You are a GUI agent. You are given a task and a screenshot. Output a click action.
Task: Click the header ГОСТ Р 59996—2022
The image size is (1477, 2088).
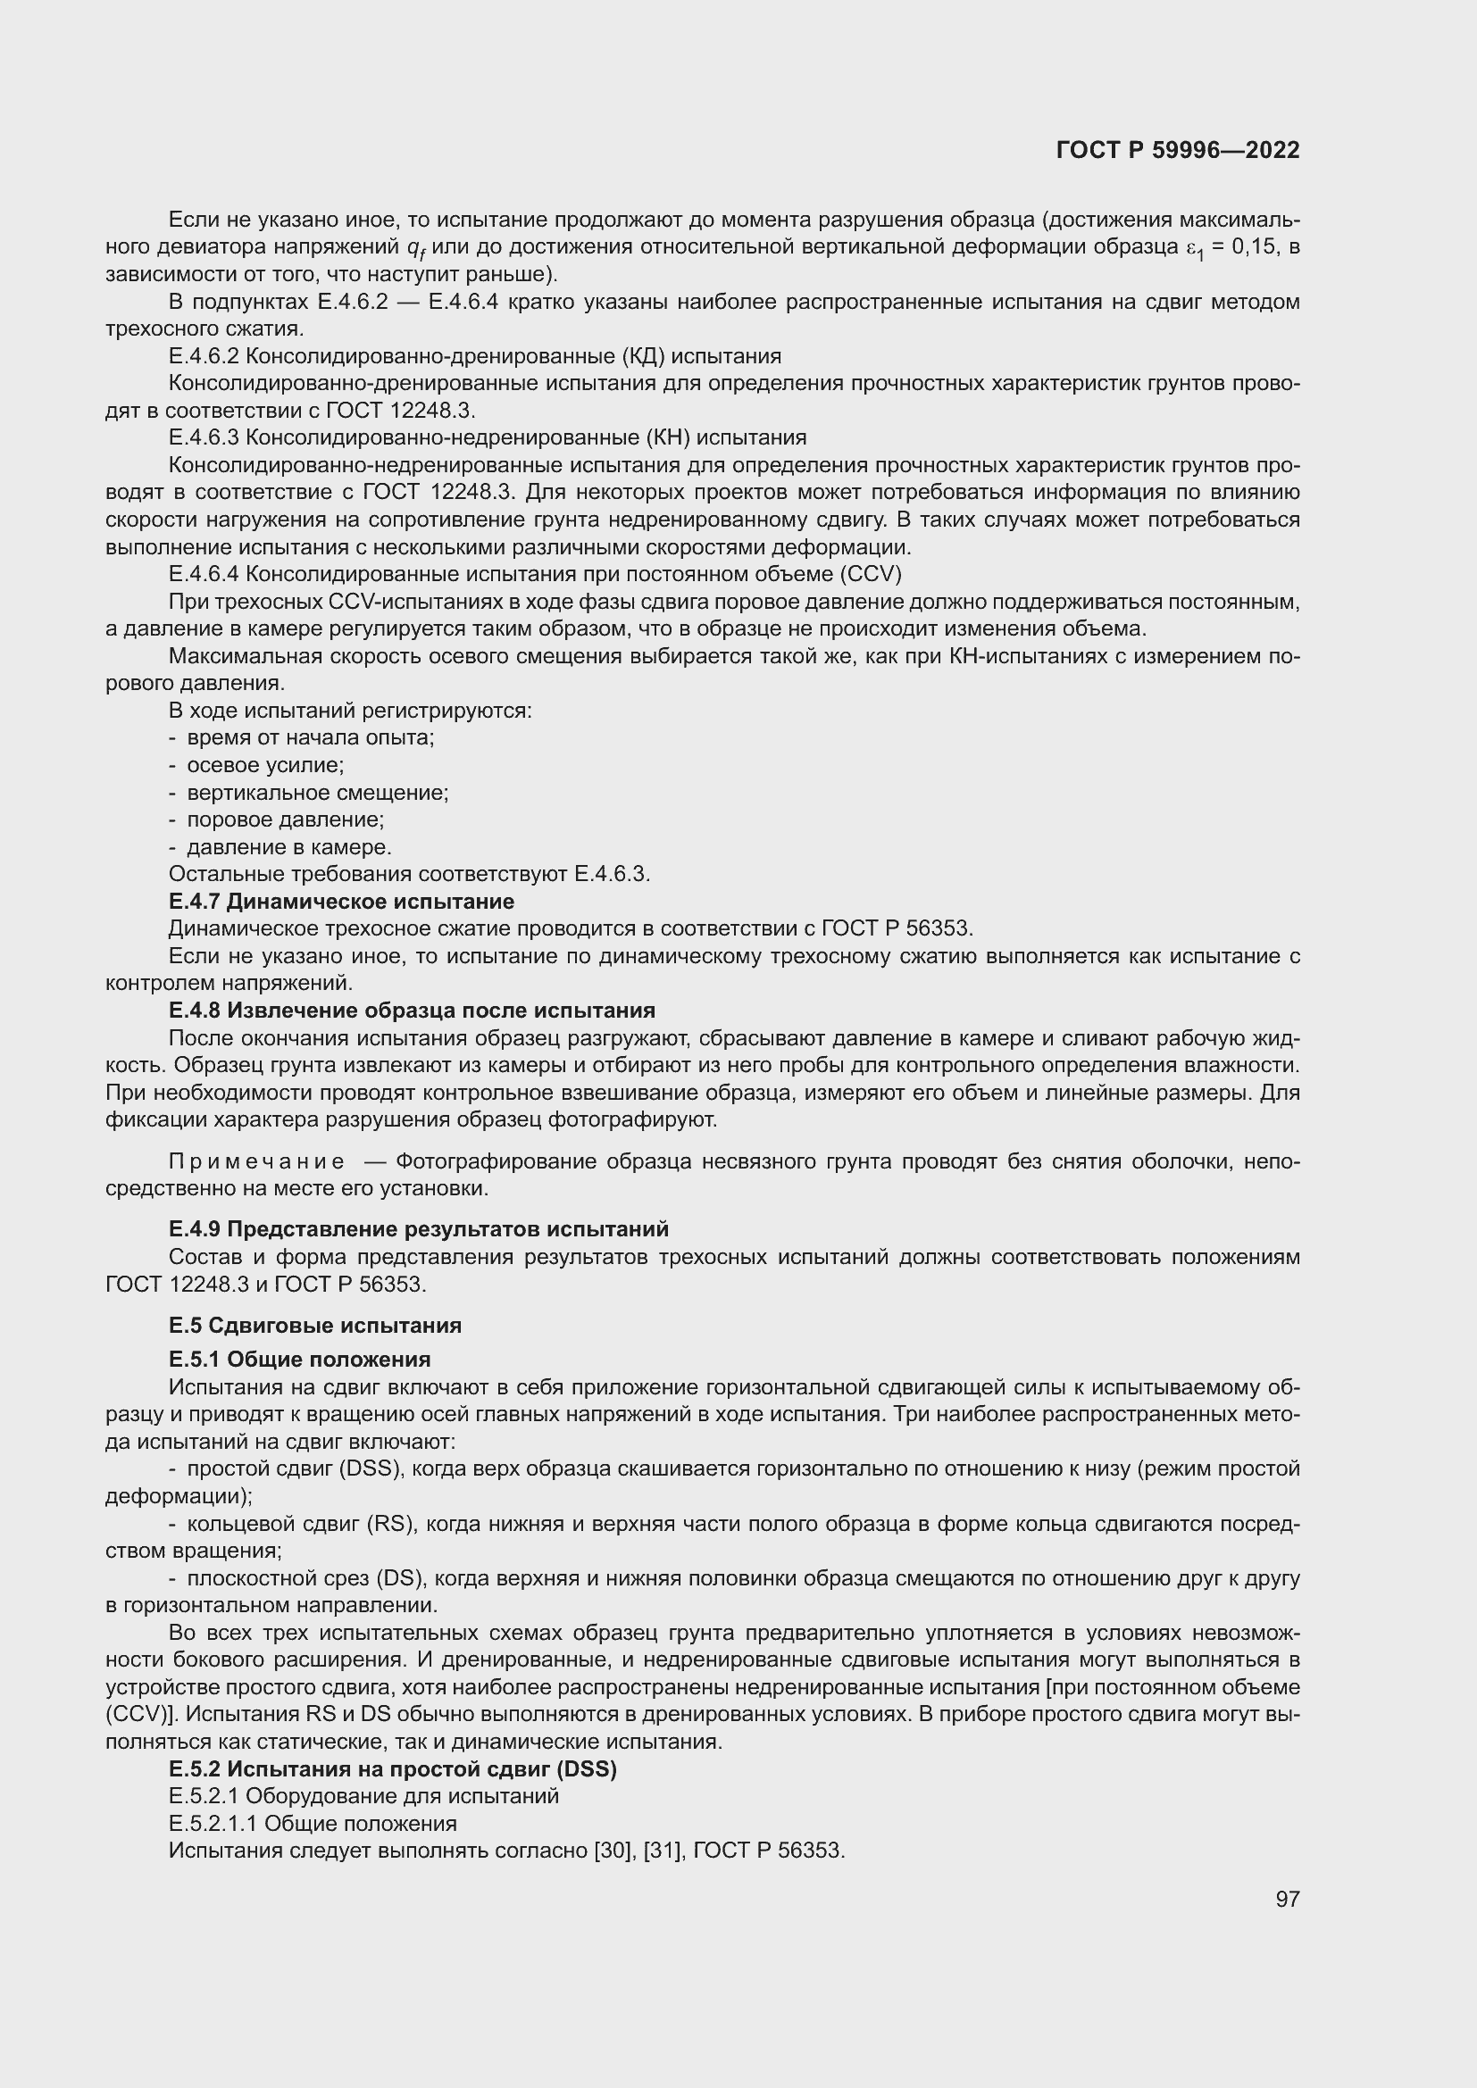pyautogui.click(x=1178, y=150)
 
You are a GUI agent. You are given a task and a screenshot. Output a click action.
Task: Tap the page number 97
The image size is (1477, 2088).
pyautogui.click(x=1287, y=1899)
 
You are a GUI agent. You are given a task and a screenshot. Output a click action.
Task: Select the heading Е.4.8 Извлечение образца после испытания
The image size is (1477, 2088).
pyautogui.click(x=411, y=1011)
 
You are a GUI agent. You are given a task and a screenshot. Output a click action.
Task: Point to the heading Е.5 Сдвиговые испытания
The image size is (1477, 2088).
pyautogui.click(x=314, y=1325)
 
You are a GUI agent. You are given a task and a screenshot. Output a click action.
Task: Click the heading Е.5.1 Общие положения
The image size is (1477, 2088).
pyautogui.click(x=299, y=1360)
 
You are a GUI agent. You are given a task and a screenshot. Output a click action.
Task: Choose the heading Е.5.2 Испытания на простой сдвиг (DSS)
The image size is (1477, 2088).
pyautogui.click(x=392, y=1768)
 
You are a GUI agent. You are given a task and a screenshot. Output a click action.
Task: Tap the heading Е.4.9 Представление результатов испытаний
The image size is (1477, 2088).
pyautogui.click(x=418, y=1229)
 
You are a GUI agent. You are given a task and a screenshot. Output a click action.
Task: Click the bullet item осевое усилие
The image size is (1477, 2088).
pyautogui.click(x=264, y=765)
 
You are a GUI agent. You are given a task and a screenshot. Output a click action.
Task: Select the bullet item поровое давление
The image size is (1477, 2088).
pyautogui.click(x=285, y=819)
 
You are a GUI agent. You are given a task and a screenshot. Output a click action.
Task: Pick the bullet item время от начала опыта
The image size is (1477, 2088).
pyautogui.click(x=310, y=737)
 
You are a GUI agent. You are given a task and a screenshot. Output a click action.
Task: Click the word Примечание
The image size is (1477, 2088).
pyautogui.click(x=256, y=1161)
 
